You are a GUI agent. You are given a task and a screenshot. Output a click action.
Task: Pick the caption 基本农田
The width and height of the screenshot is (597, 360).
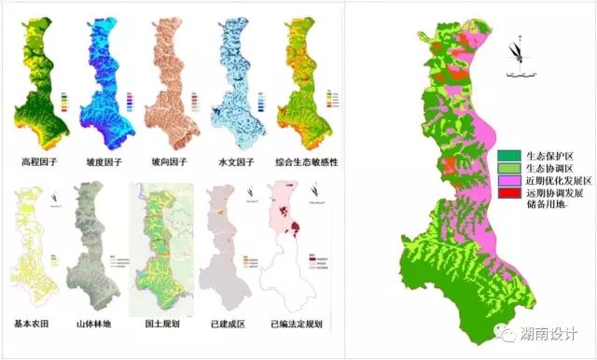36,325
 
